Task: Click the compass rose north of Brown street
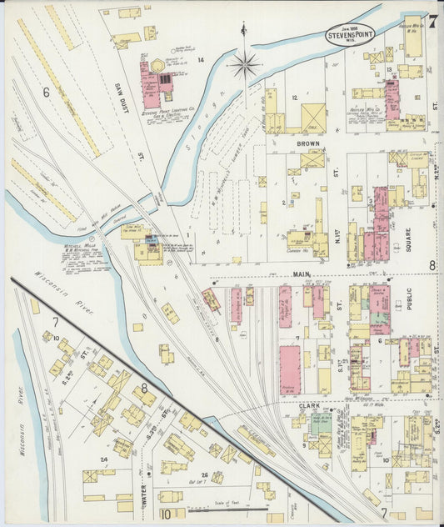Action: pos(244,64)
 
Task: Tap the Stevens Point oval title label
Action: pos(350,36)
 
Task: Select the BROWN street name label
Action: pos(307,143)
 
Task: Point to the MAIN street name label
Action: pos(301,273)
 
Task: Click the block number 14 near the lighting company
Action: pos(200,60)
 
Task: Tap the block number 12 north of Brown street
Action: pos(295,98)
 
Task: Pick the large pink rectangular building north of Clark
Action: pos(289,370)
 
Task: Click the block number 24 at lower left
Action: pos(104,459)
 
